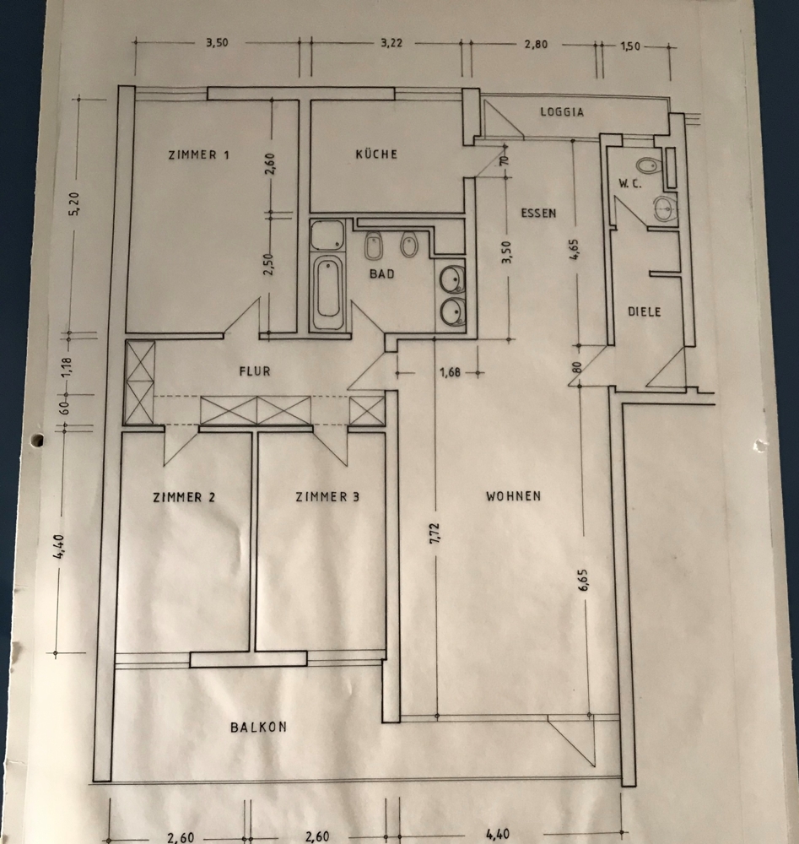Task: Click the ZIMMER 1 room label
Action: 200,154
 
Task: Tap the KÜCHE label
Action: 376,154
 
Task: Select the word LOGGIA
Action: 562,111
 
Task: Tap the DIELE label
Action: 645,311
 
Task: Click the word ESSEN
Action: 538,214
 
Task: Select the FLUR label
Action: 254,370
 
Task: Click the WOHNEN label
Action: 513,495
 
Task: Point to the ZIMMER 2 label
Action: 184,497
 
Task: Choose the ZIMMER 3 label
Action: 327,497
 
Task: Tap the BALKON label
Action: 258,726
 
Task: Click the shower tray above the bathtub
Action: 327,235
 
